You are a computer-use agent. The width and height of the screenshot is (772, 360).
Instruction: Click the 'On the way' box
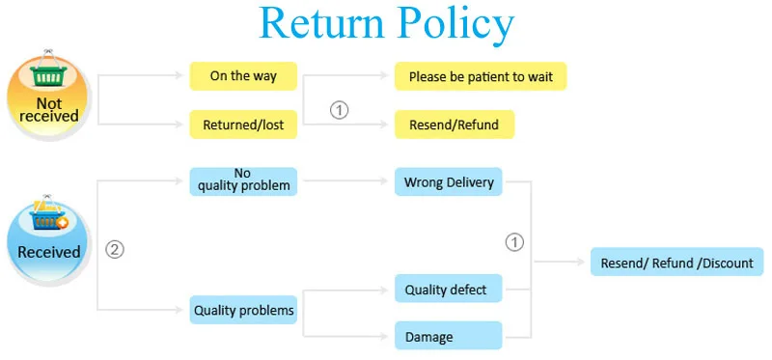pyautogui.click(x=243, y=76)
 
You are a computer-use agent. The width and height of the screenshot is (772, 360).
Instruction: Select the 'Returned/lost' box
pyautogui.click(x=243, y=125)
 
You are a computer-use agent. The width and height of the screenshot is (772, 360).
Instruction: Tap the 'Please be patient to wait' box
pyautogui.click(x=481, y=76)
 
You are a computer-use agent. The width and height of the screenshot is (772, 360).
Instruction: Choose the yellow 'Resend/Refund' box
pyautogui.click(x=455, y=125)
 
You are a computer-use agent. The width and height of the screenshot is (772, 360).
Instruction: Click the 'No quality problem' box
pyautogui.click(x=243, y=181)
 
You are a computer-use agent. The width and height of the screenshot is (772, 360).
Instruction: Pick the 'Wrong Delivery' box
pyautogui.click(x=449, y=181)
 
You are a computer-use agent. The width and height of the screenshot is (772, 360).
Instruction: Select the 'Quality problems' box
pyautogui.click(x=243, y=310)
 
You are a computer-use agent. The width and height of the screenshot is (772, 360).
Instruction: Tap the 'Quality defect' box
pyautogui.click(x=449, y=289)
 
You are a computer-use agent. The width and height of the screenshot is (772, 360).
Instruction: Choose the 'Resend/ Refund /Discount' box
pyautogui.click(x=677, y=262)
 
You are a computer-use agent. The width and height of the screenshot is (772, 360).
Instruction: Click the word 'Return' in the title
pyautogui.click(x=321, y=23)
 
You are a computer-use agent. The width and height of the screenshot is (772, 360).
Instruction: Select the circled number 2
pyautogui.click(x=115, y=250)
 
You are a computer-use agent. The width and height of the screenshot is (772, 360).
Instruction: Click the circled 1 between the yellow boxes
pyautogui.click(x=339, y=110)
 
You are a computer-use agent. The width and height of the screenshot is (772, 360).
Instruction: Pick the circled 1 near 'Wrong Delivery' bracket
pyautogui.click(x=515, y=242)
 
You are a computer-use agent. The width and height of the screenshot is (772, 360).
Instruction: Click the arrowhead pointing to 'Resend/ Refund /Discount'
pyautogui.click(x=581, y=262)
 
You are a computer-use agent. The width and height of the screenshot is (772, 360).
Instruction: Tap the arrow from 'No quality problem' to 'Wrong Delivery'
pyautogui.click(x=345, y=181)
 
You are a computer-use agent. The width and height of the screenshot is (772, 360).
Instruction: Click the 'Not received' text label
pyautogui.click(x=49, y=109)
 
